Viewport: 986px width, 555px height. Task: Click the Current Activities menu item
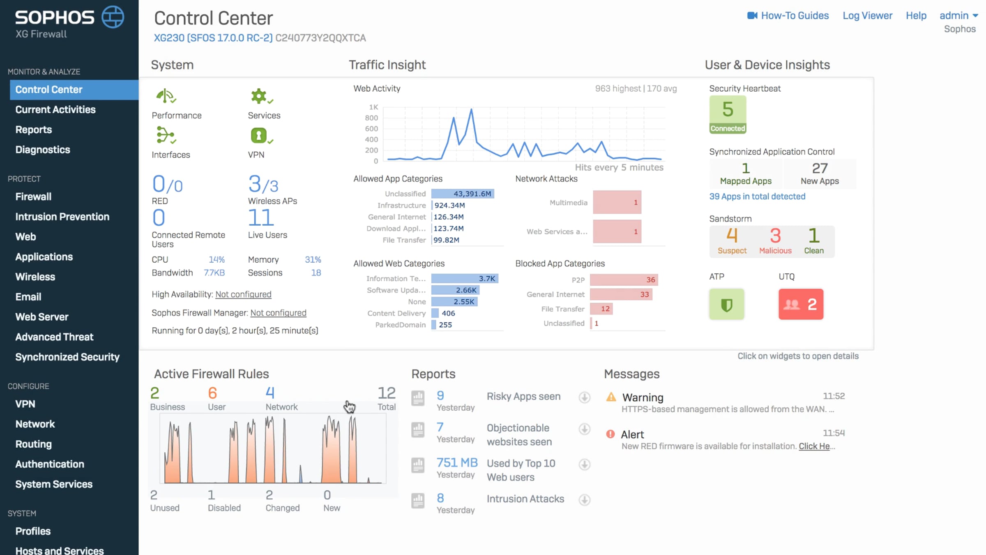click(55, 110)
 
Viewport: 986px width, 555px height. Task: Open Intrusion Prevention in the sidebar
click(62, 217)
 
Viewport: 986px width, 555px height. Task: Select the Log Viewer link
click(867, 16)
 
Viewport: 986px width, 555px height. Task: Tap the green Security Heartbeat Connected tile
click(728, 114)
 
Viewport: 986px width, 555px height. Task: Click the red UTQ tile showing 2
click(801, 304)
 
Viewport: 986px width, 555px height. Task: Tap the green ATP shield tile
click(726, 304)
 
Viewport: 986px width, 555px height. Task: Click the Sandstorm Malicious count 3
click(775, 236)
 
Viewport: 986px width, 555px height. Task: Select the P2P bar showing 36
click(624, 280)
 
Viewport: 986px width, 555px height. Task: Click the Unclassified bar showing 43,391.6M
click(463, 194)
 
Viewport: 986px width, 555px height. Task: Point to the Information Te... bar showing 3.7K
click(465, 278)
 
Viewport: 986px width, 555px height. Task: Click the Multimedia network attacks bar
click(617, 202)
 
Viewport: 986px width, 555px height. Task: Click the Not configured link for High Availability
click(243, 294)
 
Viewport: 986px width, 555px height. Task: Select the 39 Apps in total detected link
click(757, 197)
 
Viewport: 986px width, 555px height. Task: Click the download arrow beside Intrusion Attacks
click(584, 500)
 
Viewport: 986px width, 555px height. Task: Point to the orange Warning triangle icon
click(611, 397)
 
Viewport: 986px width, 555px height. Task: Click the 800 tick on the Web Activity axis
click(371, 118)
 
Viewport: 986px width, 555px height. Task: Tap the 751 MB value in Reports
click(457, 462)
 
